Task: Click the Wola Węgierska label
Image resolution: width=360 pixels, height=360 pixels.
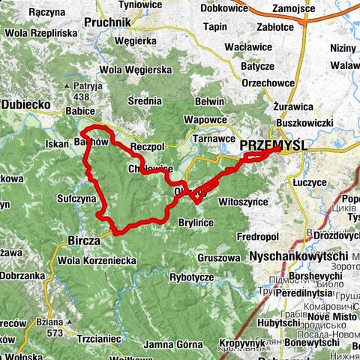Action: click(x=137, y=70)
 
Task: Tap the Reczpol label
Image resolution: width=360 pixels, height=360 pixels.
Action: click(x=148, y=142)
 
